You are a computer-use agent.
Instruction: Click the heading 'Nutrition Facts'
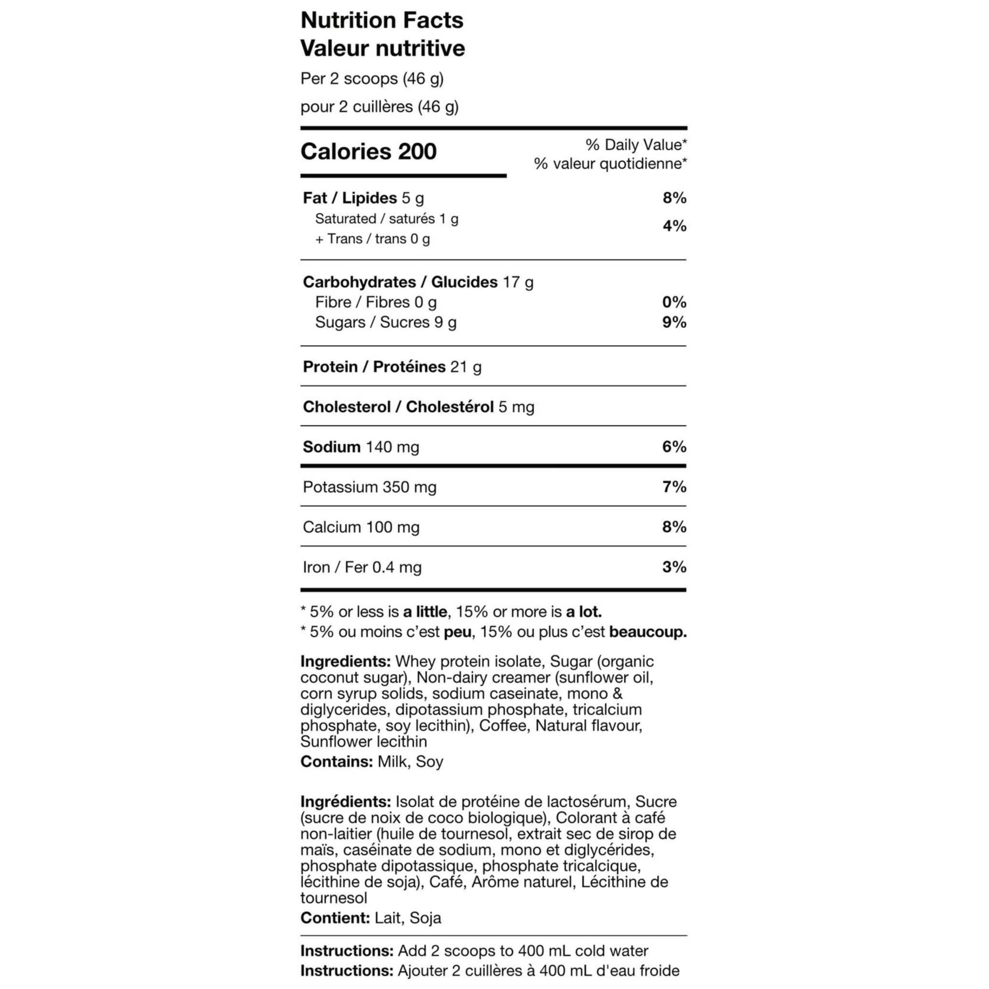point(381,20)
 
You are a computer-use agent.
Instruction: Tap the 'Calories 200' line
point(368,152)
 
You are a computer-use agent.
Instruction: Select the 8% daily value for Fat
point(674,198)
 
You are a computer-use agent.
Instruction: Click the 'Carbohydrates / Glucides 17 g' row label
point(418,282)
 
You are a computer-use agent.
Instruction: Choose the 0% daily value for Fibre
point(674,302)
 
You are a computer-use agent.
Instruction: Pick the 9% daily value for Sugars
point(674,322)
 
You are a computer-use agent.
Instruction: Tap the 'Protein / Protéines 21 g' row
point(392,367)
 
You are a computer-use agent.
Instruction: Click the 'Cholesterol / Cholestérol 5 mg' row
point(418,407)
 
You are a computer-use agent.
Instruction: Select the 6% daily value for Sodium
point(674,447)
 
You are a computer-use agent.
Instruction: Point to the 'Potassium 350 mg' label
point(369,487)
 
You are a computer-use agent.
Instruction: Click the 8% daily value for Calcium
point(674,527)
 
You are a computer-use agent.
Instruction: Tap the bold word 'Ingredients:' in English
point(346,662)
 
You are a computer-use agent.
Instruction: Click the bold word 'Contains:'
point(336,762)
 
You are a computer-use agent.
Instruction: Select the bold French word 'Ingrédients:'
point(346,802)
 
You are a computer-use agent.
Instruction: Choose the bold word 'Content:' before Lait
point(335,918)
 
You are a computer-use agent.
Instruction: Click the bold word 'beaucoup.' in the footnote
point(648,632)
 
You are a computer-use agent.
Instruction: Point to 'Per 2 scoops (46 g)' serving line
point(372,79)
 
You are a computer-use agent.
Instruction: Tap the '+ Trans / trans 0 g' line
point(372,239)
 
